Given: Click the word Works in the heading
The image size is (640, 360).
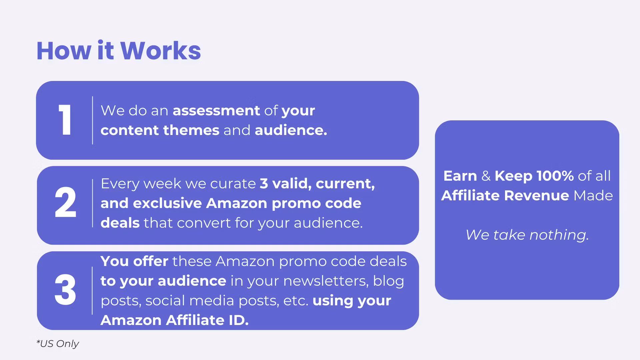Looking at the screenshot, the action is [160, 51].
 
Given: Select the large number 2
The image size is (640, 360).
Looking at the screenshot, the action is [65, 202].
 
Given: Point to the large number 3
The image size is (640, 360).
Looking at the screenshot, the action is [65, 290].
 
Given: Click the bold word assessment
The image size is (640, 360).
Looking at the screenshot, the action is [216, 111].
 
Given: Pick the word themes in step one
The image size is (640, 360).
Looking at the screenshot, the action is [191, 130].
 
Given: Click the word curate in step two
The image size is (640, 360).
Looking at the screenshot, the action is [233, 184].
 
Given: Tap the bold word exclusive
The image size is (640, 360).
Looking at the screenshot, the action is [167, 203].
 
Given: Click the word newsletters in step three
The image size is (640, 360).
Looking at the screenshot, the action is [326, 281].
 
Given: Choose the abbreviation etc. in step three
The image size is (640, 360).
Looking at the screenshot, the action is [296, 301].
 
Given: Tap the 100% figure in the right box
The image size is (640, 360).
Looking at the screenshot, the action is [555, 176].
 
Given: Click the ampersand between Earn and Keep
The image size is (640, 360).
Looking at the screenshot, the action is [486, 176].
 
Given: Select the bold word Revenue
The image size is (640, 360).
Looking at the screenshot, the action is [536, 196].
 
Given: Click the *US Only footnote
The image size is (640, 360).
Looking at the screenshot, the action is [57, 344].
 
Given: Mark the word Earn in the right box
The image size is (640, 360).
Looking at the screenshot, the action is [460, 176].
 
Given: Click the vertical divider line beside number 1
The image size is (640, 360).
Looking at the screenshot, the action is [92, 120].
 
